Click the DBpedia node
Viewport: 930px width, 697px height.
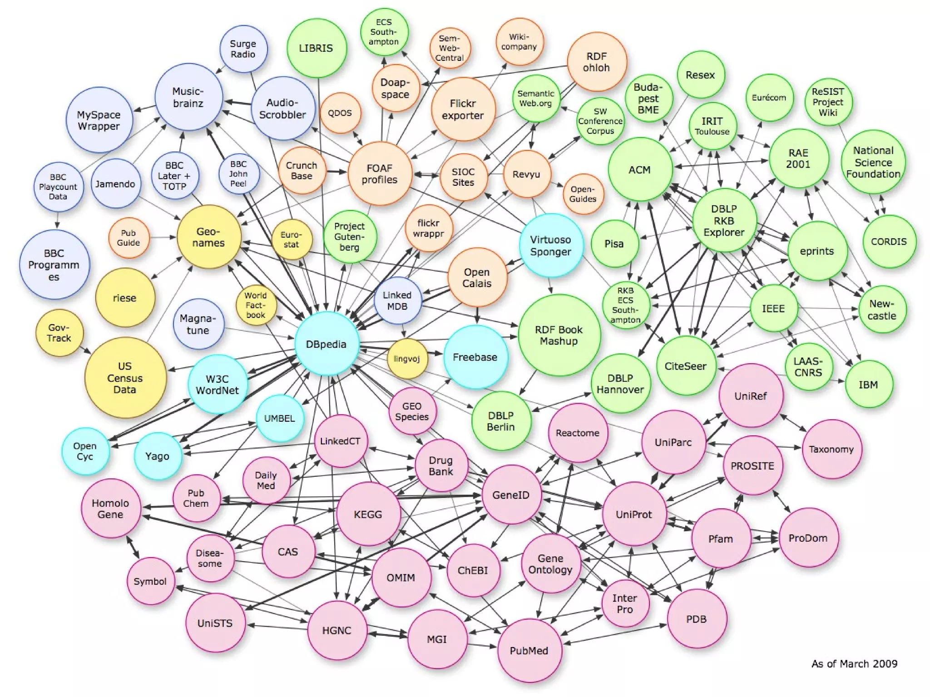tap(326, 344)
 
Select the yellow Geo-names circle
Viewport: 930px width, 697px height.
tap(208, 237)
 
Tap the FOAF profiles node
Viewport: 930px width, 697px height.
tap(380, 174)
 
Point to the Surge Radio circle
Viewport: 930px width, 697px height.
tap(243, 49)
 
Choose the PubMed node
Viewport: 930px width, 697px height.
tap(529, 650)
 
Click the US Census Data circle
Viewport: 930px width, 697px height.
tap(125, 377)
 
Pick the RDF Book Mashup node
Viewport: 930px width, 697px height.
tap(559, 335)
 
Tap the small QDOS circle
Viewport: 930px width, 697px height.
tap(340, 113)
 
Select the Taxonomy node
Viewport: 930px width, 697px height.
tap(831, 449)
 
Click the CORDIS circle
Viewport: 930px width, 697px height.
tap(889, 242)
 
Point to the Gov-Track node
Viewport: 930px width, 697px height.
tap(59, 333)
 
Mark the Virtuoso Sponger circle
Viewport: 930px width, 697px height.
tap(551, 245)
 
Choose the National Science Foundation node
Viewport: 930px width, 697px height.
tap(873, 162)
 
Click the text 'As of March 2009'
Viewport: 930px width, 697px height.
tap(854, 664)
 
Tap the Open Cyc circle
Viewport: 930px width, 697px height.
tap(85, 451)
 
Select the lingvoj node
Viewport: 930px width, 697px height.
tap(406, 359)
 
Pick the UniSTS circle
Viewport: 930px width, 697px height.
tap(215, 623)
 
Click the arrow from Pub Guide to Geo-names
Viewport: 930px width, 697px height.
tap(163, 237)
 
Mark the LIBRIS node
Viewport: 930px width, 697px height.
tap(316, 48)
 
